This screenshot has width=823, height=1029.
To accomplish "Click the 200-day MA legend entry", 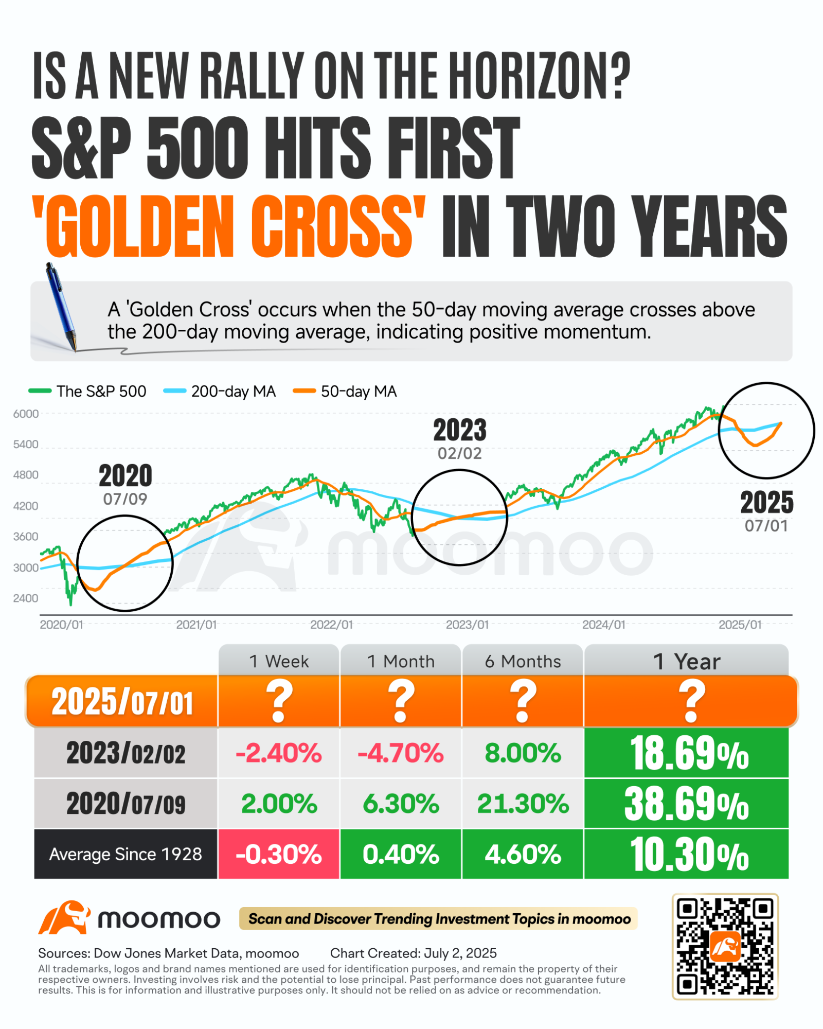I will [220, 392].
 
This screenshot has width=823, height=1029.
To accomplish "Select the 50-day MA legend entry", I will [345, 392].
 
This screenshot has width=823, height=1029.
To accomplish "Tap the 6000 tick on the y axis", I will [26, 414].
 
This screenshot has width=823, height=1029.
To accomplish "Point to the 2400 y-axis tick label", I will [26, 598].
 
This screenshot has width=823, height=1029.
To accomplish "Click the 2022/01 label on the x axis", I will [331, 625].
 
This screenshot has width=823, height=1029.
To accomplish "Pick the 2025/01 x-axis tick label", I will [740, 625].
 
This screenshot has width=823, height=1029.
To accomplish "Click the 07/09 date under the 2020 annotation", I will [125, 499].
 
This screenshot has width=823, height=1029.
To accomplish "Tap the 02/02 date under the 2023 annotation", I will [459, 453].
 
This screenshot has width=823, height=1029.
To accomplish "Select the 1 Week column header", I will [279, 661].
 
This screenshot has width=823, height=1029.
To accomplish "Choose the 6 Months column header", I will [523, 661].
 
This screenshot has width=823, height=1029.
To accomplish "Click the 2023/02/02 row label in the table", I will [126, 753].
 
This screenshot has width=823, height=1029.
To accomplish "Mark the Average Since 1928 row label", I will [126, 854].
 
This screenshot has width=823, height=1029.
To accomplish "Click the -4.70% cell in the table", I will [401, 753].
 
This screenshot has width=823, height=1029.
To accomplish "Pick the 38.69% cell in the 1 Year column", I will [686, 804].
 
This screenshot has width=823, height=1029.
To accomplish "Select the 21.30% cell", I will [523, 804].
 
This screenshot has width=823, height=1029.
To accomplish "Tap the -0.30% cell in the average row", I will [279, 854].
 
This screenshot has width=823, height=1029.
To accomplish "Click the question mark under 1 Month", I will [401, 701].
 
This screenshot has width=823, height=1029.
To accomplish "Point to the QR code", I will [725, 947].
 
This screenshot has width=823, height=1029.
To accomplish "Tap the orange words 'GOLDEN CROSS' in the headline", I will [229, 226].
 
